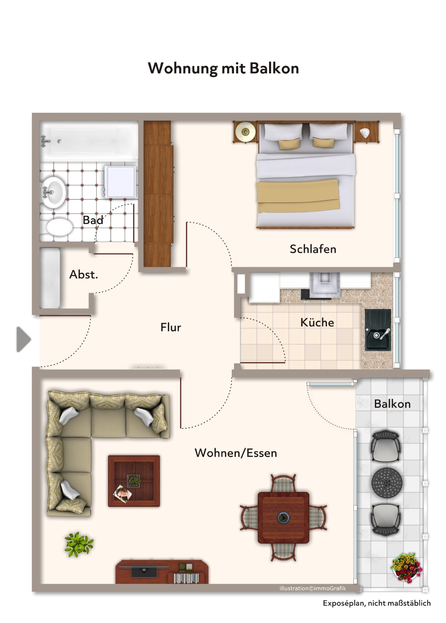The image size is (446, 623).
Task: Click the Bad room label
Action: point(93,220)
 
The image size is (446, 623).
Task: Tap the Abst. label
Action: point(83,275)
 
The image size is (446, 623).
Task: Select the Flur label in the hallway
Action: point(171,327)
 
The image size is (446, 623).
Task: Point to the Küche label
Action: point(317,322)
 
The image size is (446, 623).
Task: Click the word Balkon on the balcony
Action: point(392,404)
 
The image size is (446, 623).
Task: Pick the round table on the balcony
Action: point(387,483)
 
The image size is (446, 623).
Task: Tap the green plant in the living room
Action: point(79,544)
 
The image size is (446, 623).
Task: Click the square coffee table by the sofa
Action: point(134,481)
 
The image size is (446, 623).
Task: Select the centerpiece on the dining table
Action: point(283,517)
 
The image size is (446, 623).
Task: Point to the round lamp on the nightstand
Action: point(245,132)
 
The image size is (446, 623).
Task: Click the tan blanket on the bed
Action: point(298,196)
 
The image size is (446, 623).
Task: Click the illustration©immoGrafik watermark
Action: point(313,588)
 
